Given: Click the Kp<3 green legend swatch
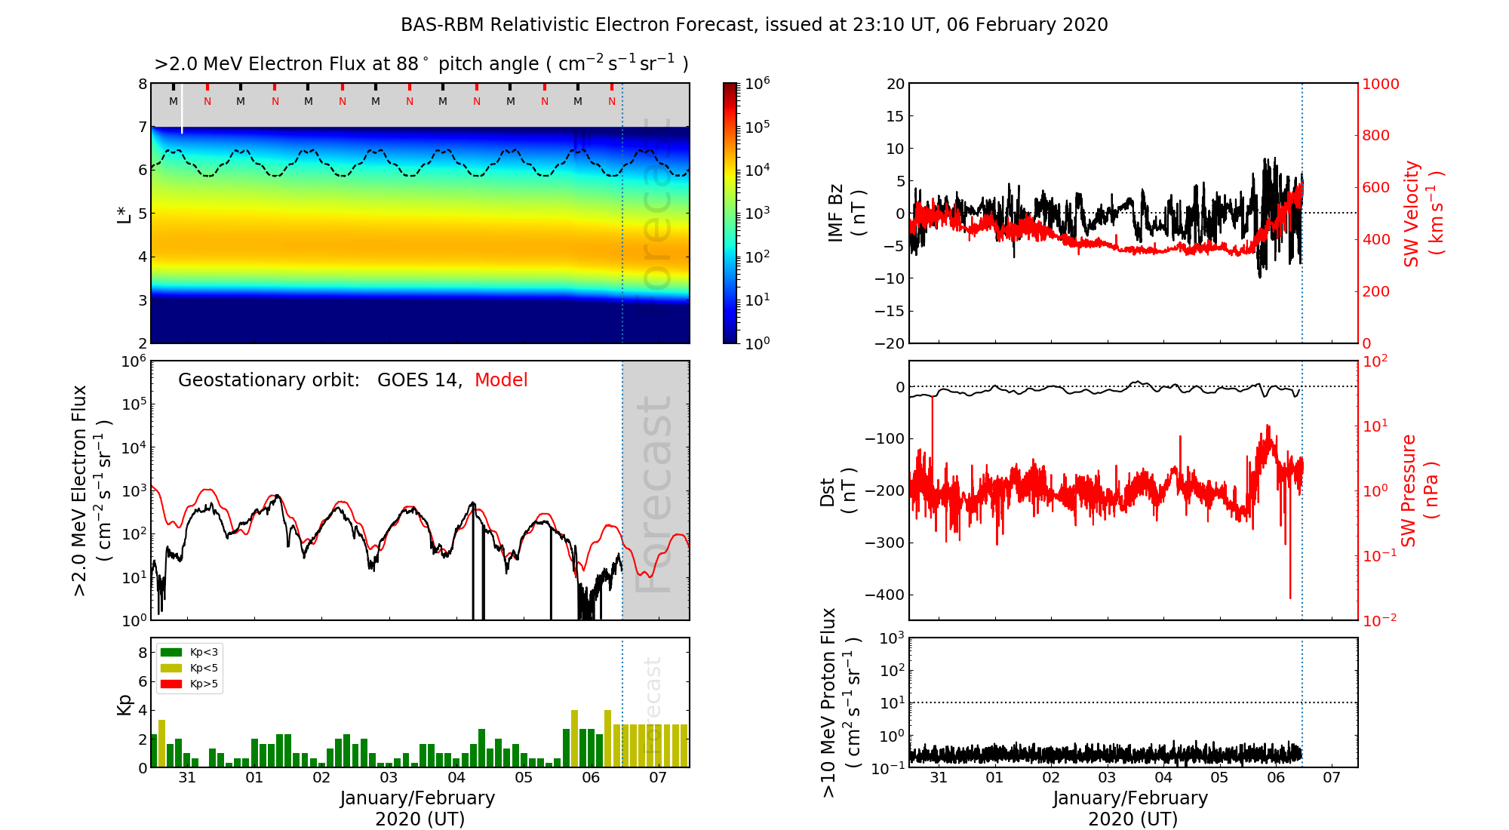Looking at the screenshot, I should tap(171, 652).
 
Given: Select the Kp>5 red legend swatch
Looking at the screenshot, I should tap(171, 684).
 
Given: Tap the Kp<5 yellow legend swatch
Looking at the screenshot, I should tap(171, 668).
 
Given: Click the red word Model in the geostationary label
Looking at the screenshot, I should tap(501, 380).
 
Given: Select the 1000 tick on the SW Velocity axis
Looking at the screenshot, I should tap(1380, 84).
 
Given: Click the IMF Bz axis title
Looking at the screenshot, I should tap(847, 214).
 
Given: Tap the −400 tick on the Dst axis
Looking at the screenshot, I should tap(885, 595).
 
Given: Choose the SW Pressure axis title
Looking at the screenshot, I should tap(1419, 490).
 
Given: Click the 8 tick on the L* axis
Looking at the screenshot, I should tap(143, 84).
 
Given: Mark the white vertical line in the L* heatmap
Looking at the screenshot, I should tap(182, 109).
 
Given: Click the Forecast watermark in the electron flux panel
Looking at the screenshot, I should tap(653, 493).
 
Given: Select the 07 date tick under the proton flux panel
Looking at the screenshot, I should tap(1332, 778).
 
